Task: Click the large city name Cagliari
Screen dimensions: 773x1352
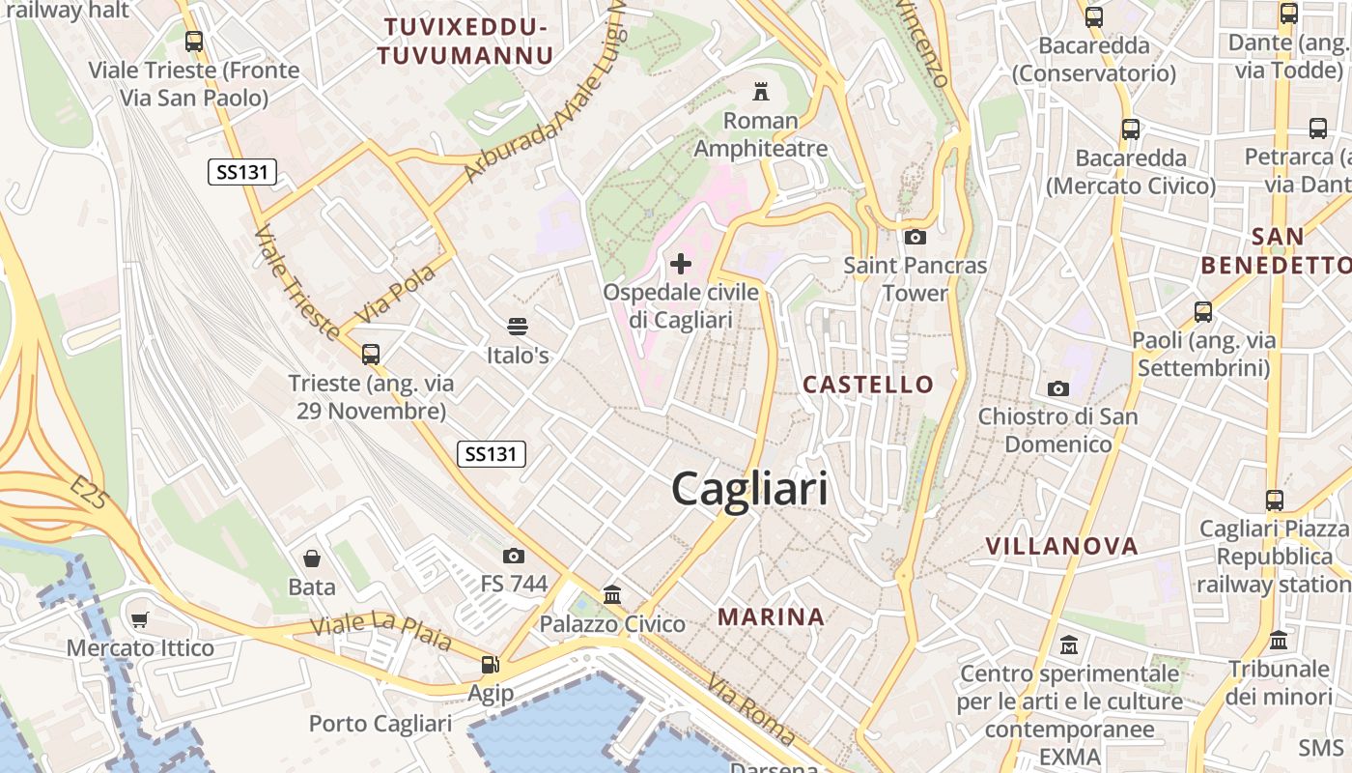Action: coord(749,489)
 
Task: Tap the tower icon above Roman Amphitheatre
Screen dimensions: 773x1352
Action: coord(761,93)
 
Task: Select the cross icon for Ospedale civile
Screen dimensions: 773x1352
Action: coord(681,263)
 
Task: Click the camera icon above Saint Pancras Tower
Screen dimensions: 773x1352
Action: coord(915,237)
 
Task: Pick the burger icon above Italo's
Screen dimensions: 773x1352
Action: coord(518,327)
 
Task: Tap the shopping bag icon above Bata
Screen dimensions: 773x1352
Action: coord(312,558)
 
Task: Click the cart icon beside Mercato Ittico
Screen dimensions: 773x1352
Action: coord(140,619)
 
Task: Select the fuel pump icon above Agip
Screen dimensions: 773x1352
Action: coord(491,665)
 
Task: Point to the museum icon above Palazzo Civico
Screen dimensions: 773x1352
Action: coord(612,595)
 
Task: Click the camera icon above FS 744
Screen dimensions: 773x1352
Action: coord(514,556)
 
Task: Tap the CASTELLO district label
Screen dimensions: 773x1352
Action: coord(868,385)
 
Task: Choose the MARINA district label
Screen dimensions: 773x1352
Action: coord(771,616)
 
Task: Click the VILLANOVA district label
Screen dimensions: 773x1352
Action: coord(1062,546)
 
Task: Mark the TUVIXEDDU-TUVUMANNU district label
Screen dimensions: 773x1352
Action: coord(465,41)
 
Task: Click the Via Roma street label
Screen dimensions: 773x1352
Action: coord(751,710)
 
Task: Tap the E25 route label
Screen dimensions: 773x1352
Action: coord(91,492)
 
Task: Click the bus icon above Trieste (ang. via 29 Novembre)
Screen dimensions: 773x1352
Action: coord(371,355)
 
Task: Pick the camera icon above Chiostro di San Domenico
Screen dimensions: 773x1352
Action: coord(1058,388)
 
